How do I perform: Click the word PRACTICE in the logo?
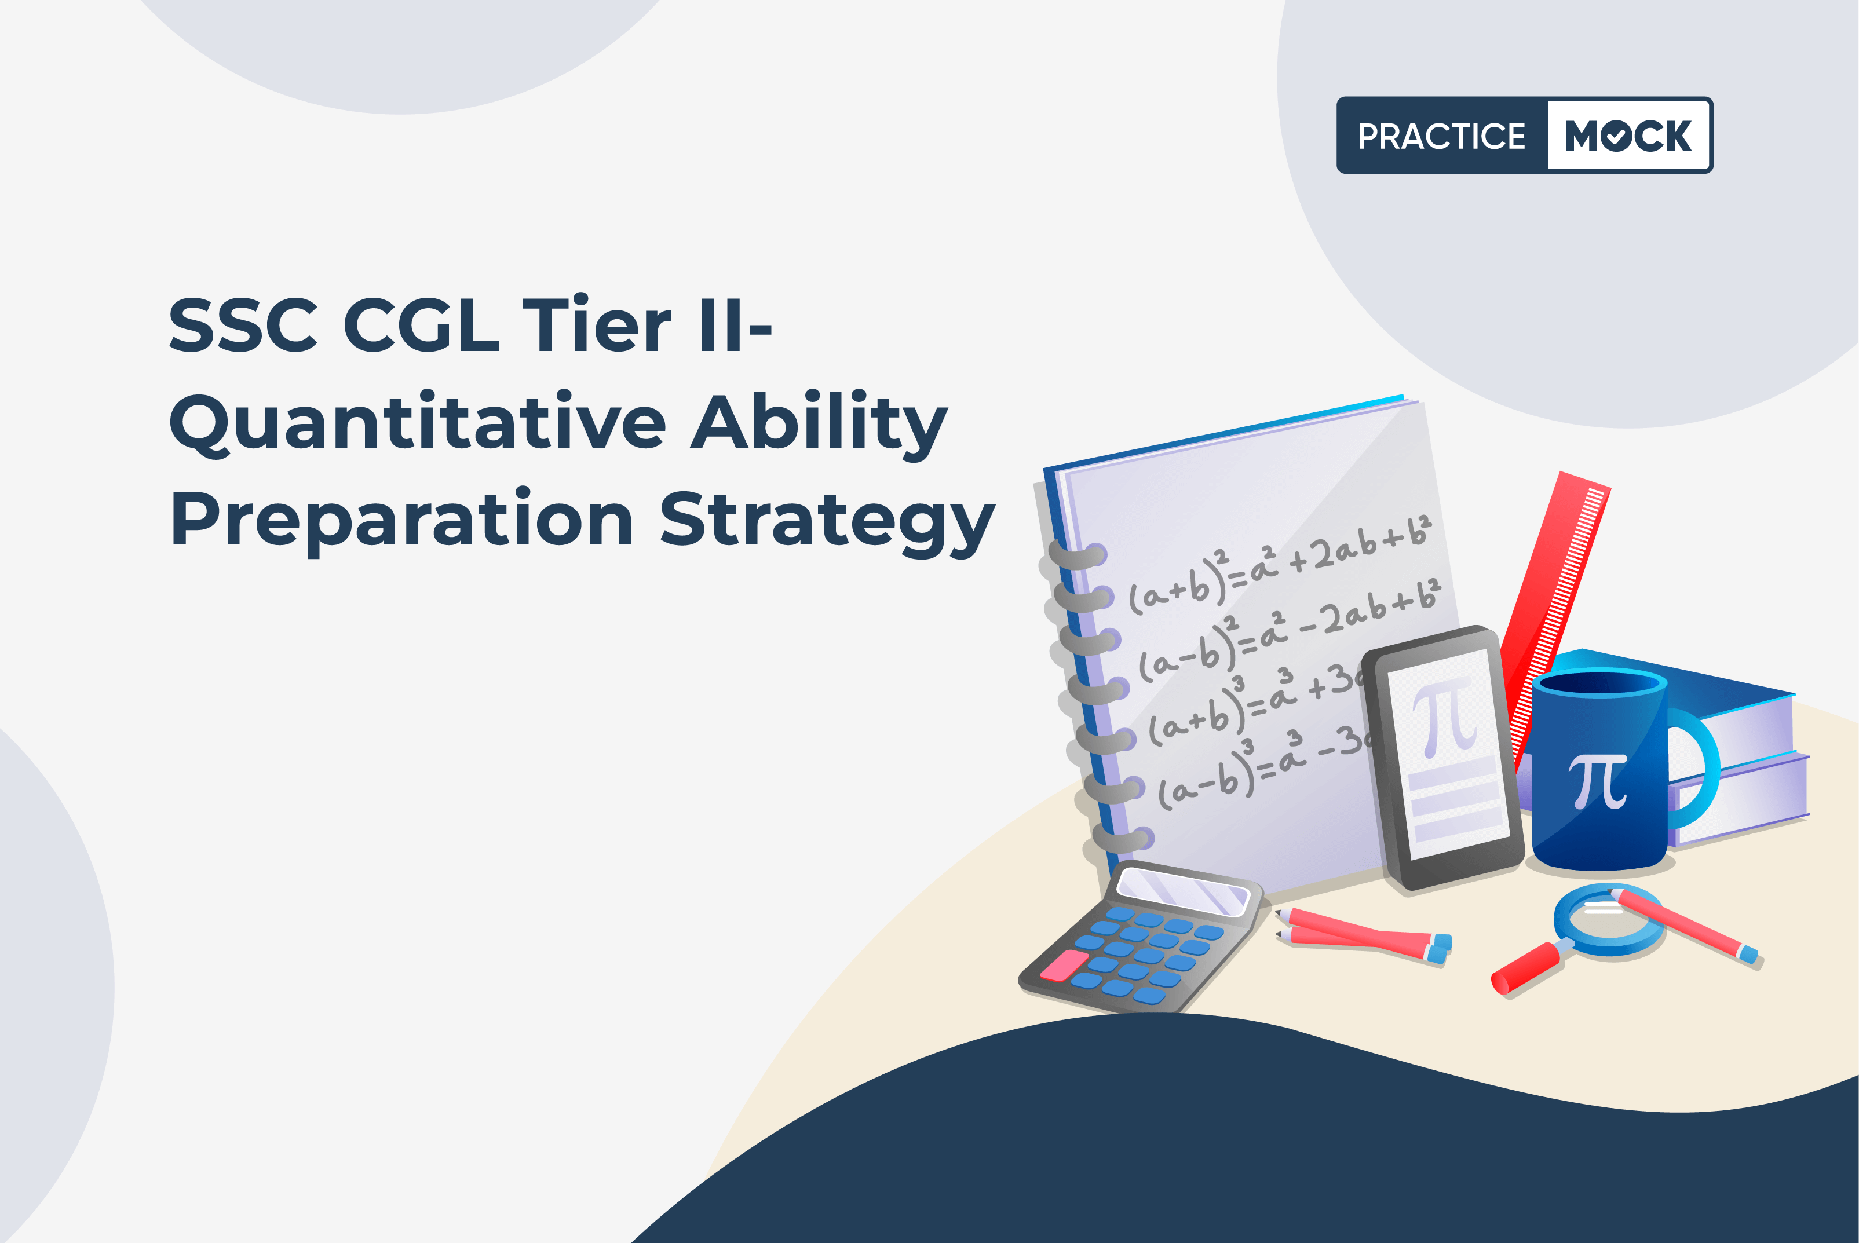point(1441,136)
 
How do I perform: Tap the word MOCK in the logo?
point(1627,136)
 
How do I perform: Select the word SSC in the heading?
point(243,325)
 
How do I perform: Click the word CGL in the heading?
point(422,325)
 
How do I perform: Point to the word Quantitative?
point(418,423)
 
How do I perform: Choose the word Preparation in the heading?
point(402,521)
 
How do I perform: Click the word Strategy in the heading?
point(827,521)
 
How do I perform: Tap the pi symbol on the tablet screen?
point(1444,718)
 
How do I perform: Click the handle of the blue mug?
point(1696,767)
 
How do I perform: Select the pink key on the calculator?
point(1064,965)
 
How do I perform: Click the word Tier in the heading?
point(596,325)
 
